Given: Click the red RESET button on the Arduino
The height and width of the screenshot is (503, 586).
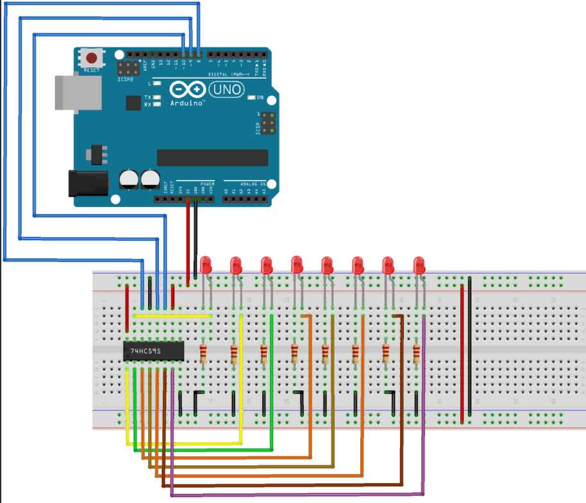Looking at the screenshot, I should coord(92,58).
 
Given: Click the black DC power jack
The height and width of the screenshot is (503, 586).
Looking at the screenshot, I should coord(88,183).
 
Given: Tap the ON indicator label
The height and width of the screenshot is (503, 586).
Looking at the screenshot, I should coord(260,97).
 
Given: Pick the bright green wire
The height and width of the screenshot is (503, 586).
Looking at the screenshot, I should coord(205,450).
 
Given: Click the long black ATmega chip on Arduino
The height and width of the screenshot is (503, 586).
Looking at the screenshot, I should coord(212,157).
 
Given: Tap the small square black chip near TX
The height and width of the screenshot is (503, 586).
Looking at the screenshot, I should coord(133,103).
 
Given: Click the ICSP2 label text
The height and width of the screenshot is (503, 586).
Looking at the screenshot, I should coord(125,81).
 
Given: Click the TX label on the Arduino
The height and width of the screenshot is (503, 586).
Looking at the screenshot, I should coord(147,97).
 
